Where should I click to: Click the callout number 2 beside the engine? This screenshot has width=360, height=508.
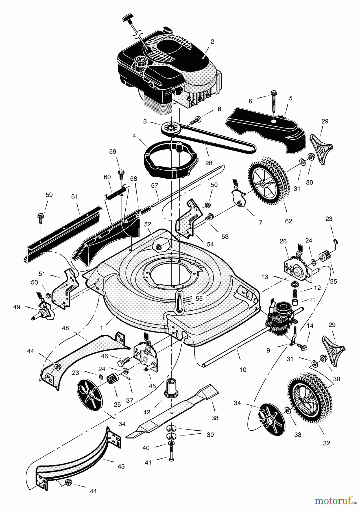pyautogui.click(x=212, y=41)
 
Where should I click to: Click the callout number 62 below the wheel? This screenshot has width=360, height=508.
pyautogui.click(x=288, y=221)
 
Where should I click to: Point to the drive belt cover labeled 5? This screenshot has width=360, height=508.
pyautogui.click(x=265, y=130)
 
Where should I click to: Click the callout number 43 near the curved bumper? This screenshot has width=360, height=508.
pyautogui.click(x=121, y=467)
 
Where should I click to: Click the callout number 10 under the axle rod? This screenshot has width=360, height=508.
pyautogui.click(x=243, y=369)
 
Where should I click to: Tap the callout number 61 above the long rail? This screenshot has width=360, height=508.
pyautogui.click(x=74, y=196)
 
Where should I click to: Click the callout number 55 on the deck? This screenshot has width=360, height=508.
pyautogui.click(x=199, y=299)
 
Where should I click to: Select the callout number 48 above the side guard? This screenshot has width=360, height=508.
pyautogui.click(x=66, y=328)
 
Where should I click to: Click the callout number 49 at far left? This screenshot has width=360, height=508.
pyautogui.click(x=17, y=307)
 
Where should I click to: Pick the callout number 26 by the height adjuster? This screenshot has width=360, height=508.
pyautogui.click(x=283, y=241)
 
